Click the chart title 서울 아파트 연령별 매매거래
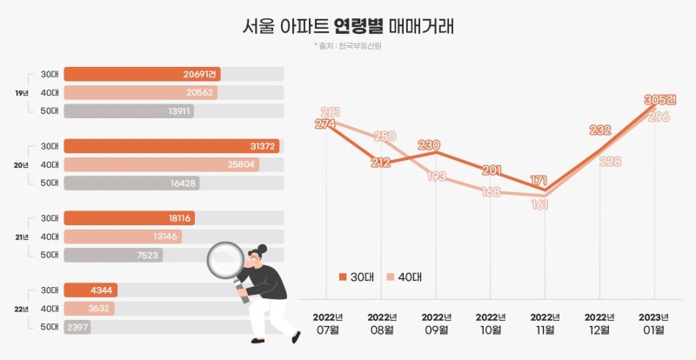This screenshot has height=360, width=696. [348, 26]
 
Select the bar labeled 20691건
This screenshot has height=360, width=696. [144, 75]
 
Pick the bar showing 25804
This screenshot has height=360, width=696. [161, 164]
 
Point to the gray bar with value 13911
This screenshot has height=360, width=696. [129, 111]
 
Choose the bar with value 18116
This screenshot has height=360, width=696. [130, 218]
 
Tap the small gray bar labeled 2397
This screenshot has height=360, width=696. [77, 327]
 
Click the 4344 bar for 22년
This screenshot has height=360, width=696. [90, 290]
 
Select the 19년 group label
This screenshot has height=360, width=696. [21, 93]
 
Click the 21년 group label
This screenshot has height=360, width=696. [21, 237]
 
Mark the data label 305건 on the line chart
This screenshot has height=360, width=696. [659, 99]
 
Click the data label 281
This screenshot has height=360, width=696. [330, 111]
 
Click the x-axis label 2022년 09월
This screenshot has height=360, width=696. [435, 323]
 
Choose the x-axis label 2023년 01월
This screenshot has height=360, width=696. [654, 323]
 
